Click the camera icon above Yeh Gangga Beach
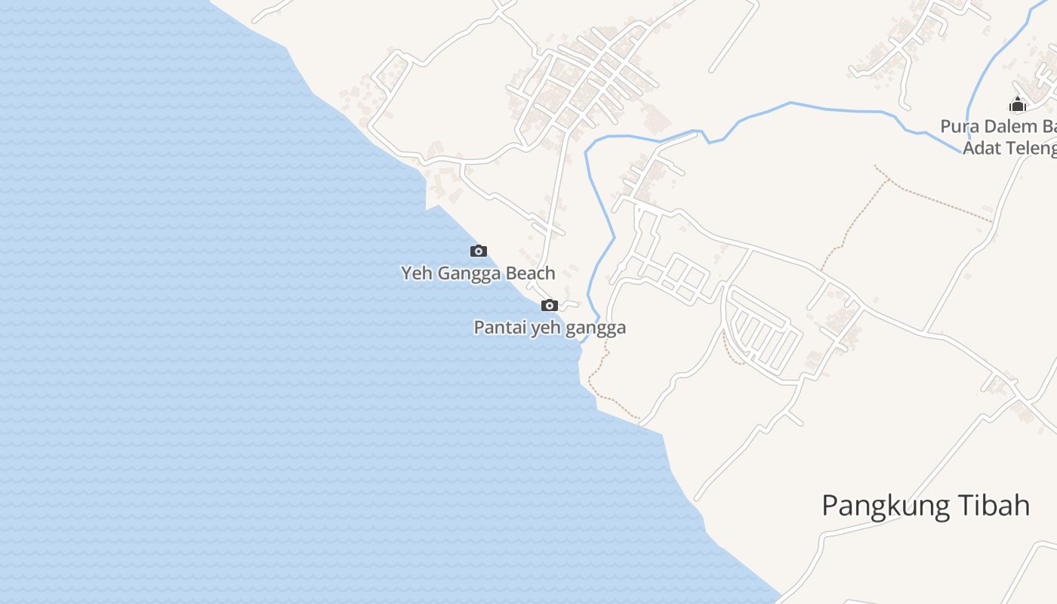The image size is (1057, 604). tap(479, 251)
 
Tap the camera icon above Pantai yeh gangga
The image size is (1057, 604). tap(550, 306)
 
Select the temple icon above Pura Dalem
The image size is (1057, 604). tap(1018, 104)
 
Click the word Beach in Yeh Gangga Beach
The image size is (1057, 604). tap(529, 273)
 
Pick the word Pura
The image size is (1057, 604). tap(957, 126)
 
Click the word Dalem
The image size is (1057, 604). tap(1006, 126)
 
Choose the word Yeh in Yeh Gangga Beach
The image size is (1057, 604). tap(417, 273)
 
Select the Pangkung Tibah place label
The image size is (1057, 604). tap(926, 506)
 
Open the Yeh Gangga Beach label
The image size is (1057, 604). tap(478, 273)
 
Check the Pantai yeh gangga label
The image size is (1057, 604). tap(550, 328)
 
